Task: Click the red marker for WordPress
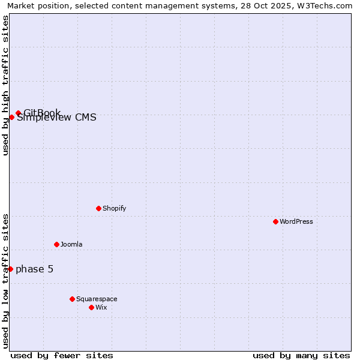[275, 221]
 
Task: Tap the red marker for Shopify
[98, 208]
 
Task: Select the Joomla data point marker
[56, 244]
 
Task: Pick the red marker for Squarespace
[72, 299]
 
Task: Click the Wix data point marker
[91, 307]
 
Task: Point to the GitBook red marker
[18, 113]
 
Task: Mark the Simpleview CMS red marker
[11, 117]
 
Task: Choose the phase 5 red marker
[10, 269]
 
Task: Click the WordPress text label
[296, 221]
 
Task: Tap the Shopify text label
[114, 208]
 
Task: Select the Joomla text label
[71, 244]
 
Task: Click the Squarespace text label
[97, 299]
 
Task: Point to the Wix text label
[101, 307]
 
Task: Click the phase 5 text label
[34, 269]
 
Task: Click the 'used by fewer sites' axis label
[62, 355]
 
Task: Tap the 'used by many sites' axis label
[301, 355]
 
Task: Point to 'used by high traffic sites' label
[5, 85]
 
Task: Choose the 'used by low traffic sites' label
[5, 281]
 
